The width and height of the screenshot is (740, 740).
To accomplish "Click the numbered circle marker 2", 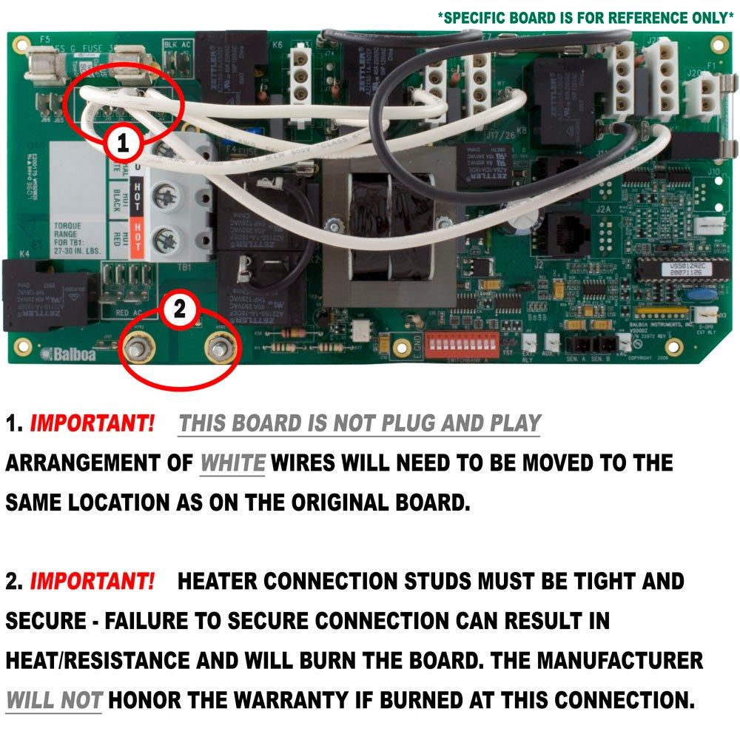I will click(x=179, y=309).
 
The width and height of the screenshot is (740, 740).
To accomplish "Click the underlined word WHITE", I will click(x=232, y=464).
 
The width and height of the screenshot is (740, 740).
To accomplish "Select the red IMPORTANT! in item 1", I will click(x=92, y=424).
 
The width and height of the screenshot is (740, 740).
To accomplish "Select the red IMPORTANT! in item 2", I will click(x=92, y=581).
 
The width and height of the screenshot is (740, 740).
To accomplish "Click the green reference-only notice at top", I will click(x=585, y=18).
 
